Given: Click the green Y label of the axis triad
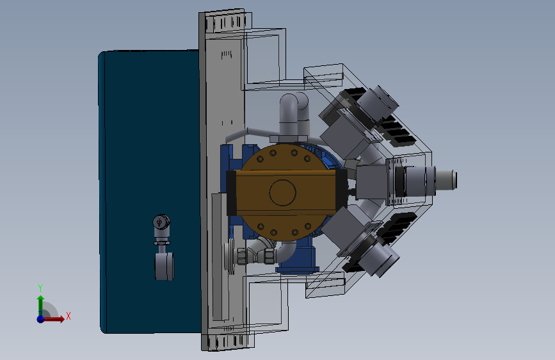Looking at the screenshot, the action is tap(40, 288).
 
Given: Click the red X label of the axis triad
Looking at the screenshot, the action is tap(68, 316).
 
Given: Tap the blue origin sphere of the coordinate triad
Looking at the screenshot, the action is tap(41, 319).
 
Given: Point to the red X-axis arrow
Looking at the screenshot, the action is tap(53, 319).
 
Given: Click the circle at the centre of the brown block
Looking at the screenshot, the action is tap(282, 192).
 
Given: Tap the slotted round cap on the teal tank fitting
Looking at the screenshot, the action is tap(161, 222).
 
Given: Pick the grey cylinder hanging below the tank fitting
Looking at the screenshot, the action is tap(164, 266).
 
